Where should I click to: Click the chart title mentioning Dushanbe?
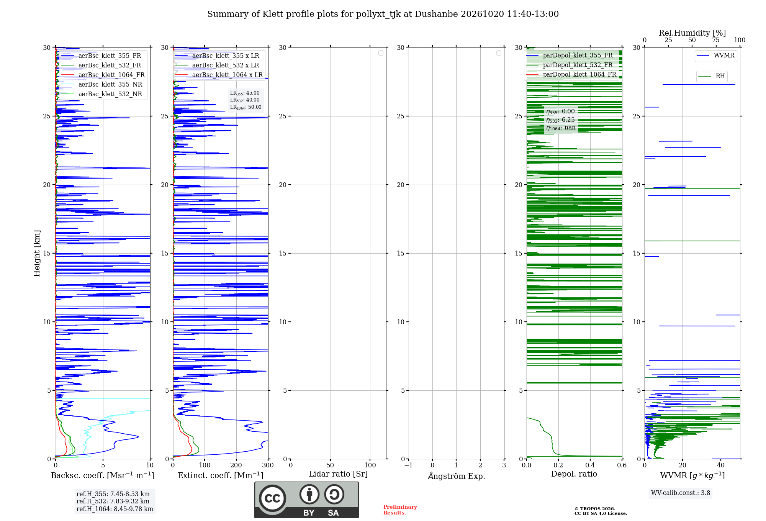[383, 14]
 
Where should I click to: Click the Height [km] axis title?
[37, 253]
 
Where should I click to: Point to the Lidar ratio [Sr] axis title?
[338, 474]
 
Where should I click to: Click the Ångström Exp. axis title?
[457, 476]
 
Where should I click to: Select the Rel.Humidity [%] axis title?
[692, 33]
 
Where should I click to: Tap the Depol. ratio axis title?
[574, 474]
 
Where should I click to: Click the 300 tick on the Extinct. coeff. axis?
[268, 465]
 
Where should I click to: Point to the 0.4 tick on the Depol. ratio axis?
[590, 465]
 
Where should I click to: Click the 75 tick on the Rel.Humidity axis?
[716, 40]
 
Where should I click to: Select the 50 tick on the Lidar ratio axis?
[330, 465]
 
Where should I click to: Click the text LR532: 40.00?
[245, 100]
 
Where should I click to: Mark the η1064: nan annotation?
[561, 128]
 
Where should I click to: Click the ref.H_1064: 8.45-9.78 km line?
[115, 509]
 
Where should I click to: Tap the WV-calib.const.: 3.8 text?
[681, 493]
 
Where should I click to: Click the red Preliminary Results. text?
[400, 510]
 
